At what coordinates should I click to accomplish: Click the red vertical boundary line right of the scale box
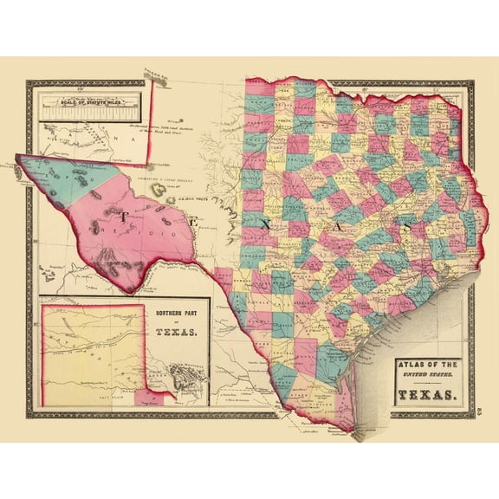pos(152,121)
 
